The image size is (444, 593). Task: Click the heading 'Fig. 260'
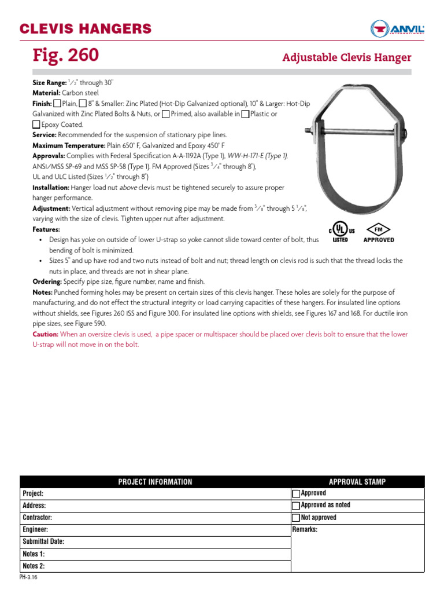66,56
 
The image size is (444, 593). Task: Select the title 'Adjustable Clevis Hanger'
346,57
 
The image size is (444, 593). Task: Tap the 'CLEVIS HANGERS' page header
86,28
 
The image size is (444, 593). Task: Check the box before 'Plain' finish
57,104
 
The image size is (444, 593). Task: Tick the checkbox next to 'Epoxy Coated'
36,125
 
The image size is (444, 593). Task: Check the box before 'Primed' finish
166,114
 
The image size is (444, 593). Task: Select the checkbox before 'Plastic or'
245,114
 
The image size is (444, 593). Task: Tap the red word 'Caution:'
45,335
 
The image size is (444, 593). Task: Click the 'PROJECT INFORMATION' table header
155,482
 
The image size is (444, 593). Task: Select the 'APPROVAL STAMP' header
357,482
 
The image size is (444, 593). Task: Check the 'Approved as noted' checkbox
297,506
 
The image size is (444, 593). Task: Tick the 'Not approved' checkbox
297,518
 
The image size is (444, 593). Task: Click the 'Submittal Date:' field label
43,542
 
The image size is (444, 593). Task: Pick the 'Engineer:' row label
35,530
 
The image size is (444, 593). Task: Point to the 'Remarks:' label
305,530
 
